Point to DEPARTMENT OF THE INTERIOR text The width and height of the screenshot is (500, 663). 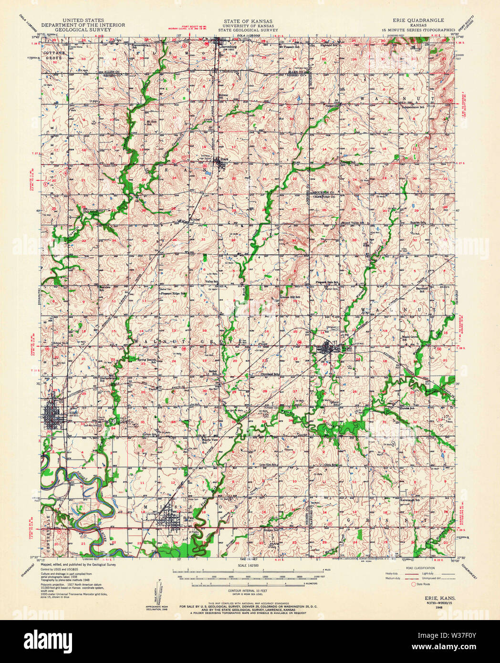click(83, 25)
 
